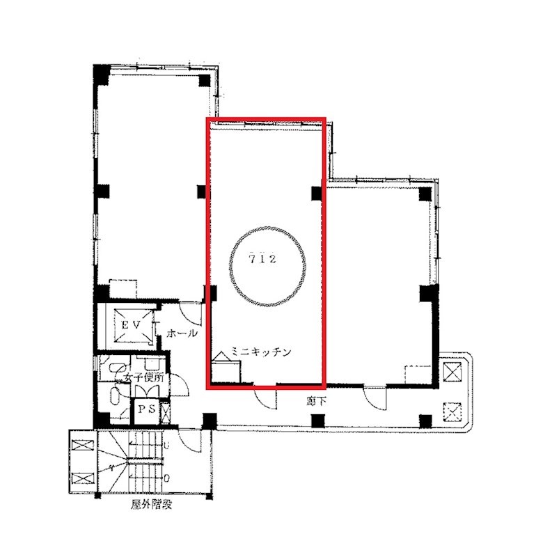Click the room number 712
click(x=263, y=259)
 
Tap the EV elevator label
click(x=132, y=324)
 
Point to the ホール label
click(x=182, y=334)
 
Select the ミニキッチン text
click(x=261, y=352)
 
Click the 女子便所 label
click(x=144, y=377)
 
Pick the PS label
click(x=147, y=409)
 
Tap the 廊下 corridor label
click(x=316, y=402)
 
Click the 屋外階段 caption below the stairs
click(x=152, y=504)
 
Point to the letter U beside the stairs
click(x=166, y=445)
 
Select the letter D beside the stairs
click(x=166, y=478)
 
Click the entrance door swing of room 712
click(x=266, y=397)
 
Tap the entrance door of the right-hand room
click(x=375, y=398)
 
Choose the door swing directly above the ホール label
click(x=191, y=314)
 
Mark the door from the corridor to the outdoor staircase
click(x=191, y=441)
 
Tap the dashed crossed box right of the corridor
click(x=452, y=412)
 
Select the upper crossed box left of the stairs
click(x=83, y=446)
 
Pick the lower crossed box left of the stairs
click(x=83, y=478)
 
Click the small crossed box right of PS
click(x=165, y=412)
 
